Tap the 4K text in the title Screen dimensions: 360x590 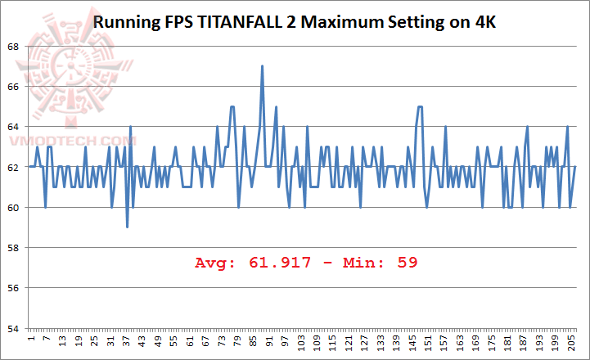pos(484,22)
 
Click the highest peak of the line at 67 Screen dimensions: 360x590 pos(262,66)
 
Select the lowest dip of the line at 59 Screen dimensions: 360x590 pos(128,227)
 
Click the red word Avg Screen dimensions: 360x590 pos(214,263)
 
